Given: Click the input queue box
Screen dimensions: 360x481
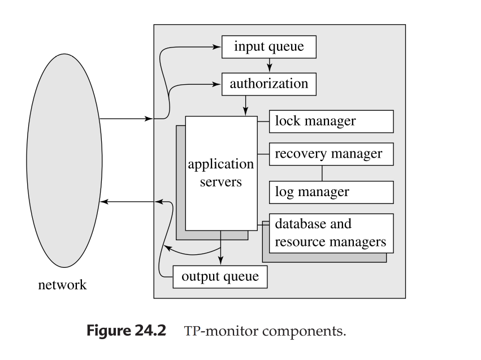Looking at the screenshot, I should pyautogui.click(x=268, y=46).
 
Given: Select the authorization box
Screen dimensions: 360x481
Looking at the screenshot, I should pyautogui.click(x=268, y=84).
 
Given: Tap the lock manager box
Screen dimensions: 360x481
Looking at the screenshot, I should pyautogui.click(x=331, y=121).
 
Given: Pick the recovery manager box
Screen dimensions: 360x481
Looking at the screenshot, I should pyautogui.click(x=331, y=154).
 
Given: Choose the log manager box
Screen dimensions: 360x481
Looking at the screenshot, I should pyautogui.click(x=331, y=192).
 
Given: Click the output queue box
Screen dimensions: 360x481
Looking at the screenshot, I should pyautogui.click(x=219, y=277).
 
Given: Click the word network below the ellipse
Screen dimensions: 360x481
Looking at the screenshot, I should pyautogui.click(x=62, y=284).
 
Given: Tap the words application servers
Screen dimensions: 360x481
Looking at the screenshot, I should pyautogui.click(x=220, y=174).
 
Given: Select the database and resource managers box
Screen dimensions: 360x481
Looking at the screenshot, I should pyautogui.click(x=331, y=233).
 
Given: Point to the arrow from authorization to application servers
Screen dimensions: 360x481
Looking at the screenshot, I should pyautogui.click(x=246, y=105).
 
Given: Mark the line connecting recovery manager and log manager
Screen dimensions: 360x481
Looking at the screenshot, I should pyautogui.click(x=323, y=173).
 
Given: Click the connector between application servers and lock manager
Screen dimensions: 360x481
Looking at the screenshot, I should pyautogui.click(x=262, y=121).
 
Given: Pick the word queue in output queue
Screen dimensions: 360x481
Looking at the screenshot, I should pyautogui.click(x=241, y=277).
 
